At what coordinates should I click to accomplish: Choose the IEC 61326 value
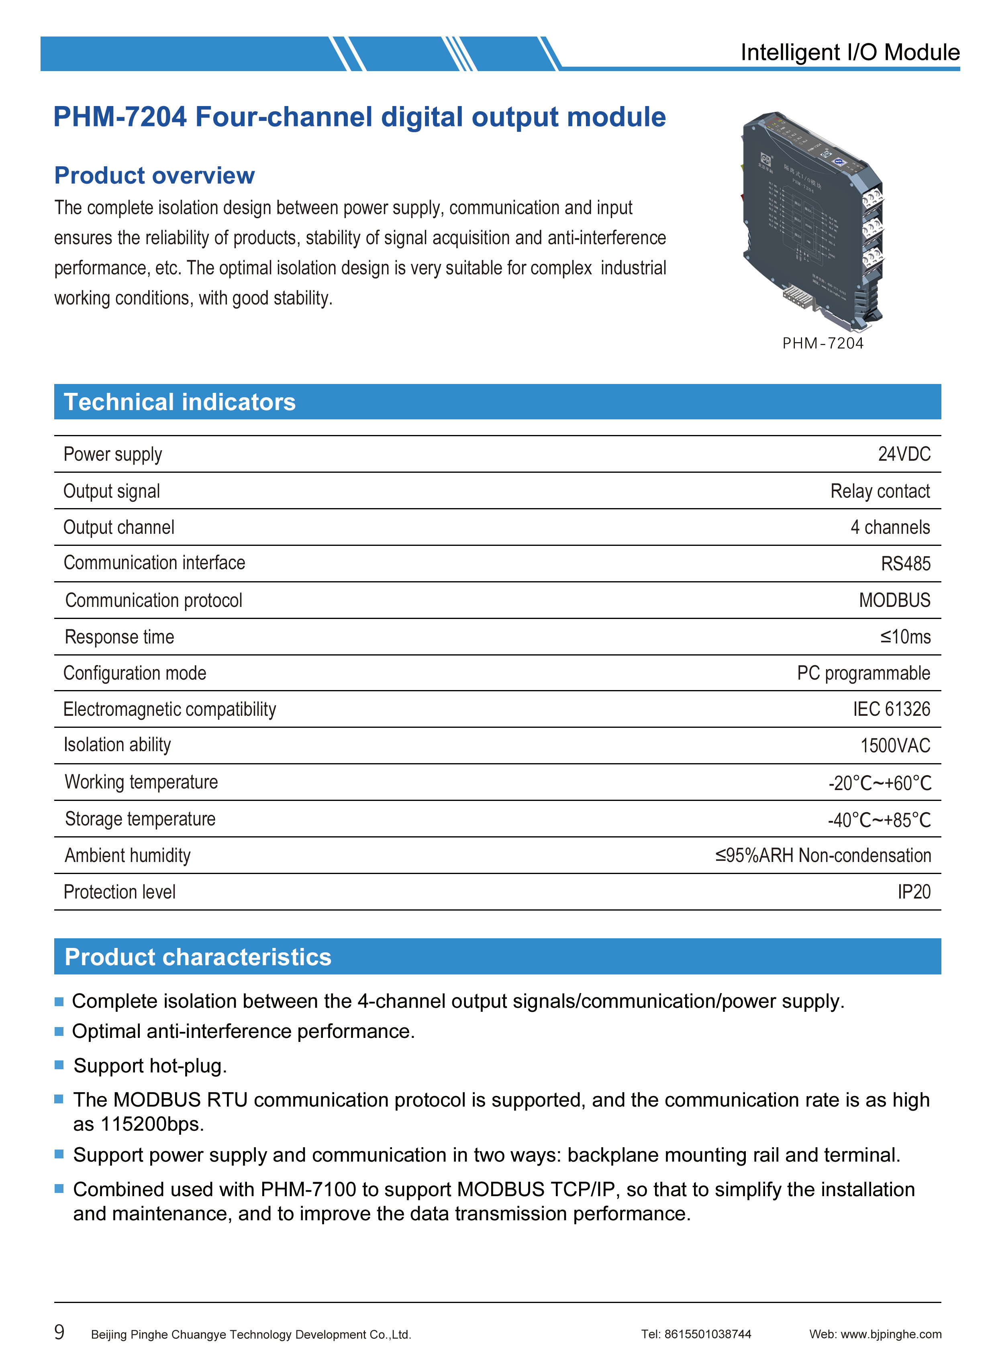(x=891, y=709)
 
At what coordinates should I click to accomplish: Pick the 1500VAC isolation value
(x=895, y=746)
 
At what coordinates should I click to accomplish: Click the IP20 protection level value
(x=913, y=892)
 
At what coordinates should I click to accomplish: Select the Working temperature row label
(x=141, y=782)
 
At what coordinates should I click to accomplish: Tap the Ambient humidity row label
(x=127, y=856)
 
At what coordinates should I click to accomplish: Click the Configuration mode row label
(x=135, y=673)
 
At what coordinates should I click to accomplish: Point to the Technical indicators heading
(x=180, y=402)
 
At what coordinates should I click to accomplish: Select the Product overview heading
(x=154, y=176)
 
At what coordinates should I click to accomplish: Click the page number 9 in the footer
(x=59, y=1332)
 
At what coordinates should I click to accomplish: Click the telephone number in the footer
(x=707, y=1334)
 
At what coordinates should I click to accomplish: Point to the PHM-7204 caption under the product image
(x=823, y=343)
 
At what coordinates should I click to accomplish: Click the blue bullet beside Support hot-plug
(x=59, y=1065)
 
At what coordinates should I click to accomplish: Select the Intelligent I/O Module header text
(x=849, y=53)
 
